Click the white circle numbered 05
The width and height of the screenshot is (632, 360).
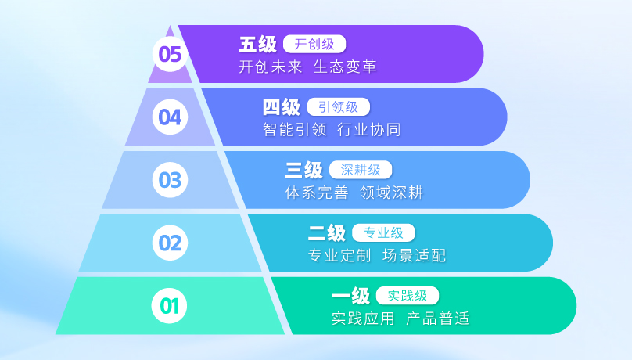pyautogui.click(x=170, y=54)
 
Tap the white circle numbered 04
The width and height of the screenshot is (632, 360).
pyautogui.click(x=170, y=117)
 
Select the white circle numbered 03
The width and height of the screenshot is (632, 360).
pyautogui.click(x=170, y=180)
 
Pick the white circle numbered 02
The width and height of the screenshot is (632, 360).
pyautogui.click(x=170, y=243)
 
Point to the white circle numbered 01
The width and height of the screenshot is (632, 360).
pyautogui.click(x=169, y=305)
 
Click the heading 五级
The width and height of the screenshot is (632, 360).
pyautogui.click(x=257, y=45)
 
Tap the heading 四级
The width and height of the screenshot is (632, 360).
pyautogui.click(x=282, y=107)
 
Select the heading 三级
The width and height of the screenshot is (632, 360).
pyautogui.click(x=304, y=170)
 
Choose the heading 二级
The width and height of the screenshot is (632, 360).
pyautogui.click(x=327, y=233)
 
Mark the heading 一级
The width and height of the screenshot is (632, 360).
pyautogui.click(x=350, y=296)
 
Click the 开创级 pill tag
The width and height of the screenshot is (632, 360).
pyautogui.click(x=314, y=44)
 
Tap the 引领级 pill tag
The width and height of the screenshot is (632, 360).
pyautogui.click(x=338, y=107)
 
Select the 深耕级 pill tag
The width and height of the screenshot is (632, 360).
pyautogui.click(x=361, y=170)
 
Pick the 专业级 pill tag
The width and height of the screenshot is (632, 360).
pyautogui.click(x=383, y=232)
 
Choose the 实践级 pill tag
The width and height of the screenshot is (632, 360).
pyautogui.click(x=407, y=296)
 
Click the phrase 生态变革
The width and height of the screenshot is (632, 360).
pyautogui.click(x=345, y=67)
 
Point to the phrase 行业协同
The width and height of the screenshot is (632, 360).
pyautogui.click(x=369, y=130)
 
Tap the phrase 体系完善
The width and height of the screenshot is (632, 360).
pyautogui.click(x=317, y=193)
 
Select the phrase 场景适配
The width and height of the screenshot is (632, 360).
pyautogui.click(x=414, y=256)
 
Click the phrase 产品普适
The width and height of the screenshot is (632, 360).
pyautogui.click(x=438, y=319)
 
